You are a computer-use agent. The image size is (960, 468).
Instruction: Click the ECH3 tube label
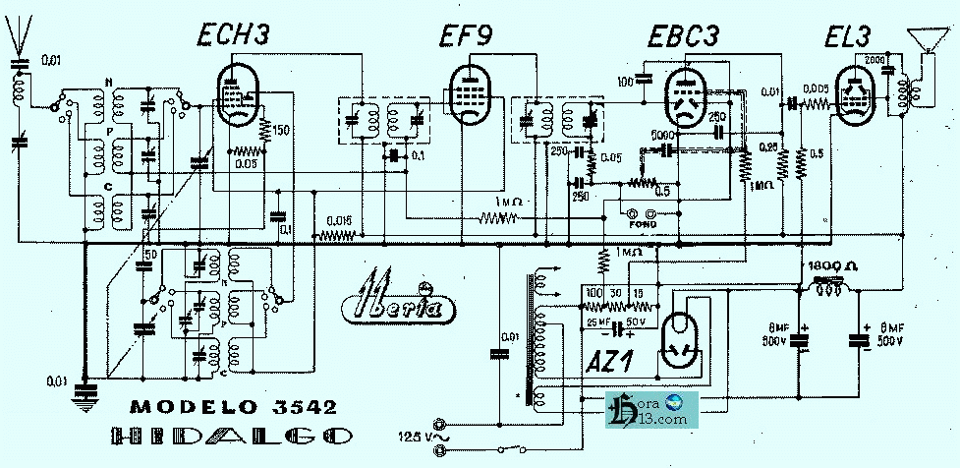click(x=233, y=36)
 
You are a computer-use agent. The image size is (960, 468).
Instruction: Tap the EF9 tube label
click(x=468, y=37)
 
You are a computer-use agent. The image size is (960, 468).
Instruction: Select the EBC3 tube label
click(x=684, y=36)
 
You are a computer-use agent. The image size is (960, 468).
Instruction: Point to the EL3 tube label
click(x=849, y=37)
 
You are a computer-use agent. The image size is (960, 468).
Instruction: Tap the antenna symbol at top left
click(x=16, y=35)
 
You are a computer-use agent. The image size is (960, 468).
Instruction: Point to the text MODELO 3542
click(x=233, y=407)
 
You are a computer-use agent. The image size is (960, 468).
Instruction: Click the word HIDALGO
click(x=232, y=438)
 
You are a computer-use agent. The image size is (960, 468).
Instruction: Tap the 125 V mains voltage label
click(x=414, y=434)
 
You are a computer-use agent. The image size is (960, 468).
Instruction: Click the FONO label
click(x=644, y=224)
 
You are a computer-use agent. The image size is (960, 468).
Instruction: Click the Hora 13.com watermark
click(x=651, y=410)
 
